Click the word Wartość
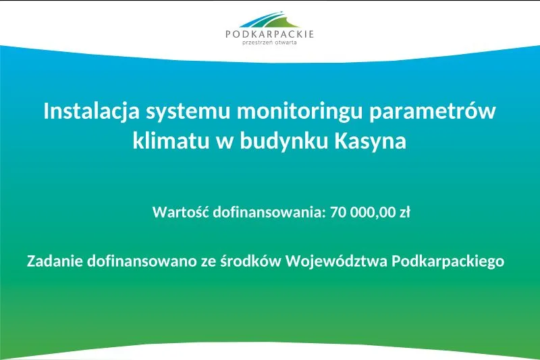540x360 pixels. point(181,212)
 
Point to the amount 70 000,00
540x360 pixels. point(362,212)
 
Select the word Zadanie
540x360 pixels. point(55,261)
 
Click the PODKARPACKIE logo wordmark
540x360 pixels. point(270,34)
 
